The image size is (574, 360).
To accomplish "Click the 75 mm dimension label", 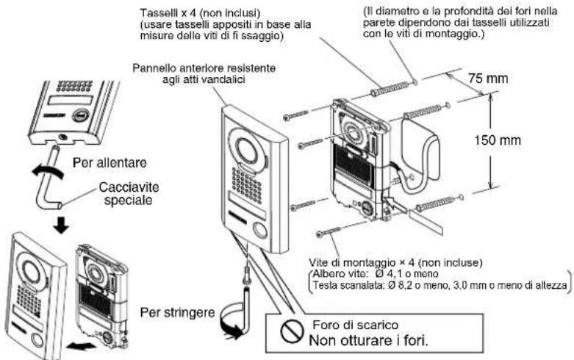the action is coord(487,79).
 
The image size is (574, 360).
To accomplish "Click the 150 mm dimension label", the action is coord(497,140).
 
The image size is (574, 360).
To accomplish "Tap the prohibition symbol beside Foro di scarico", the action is coord(292,331).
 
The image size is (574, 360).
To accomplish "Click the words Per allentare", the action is coord(110,162).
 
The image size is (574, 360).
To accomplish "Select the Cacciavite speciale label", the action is coord(129,194).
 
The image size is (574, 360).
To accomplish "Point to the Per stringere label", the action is coord(178,313).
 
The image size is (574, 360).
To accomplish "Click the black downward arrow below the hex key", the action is coord(61,226).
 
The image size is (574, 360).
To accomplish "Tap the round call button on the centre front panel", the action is coord(260,231).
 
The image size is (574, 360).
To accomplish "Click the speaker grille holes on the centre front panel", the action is coord(247,185).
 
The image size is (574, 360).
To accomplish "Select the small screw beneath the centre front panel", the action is coord(248,273).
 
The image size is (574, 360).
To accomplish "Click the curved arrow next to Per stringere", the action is coord(229,323).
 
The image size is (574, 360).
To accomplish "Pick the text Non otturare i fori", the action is coord(368,341).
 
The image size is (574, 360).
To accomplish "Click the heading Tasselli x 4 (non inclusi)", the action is coord(200,13).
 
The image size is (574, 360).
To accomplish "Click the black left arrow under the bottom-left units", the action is coord(82,345).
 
